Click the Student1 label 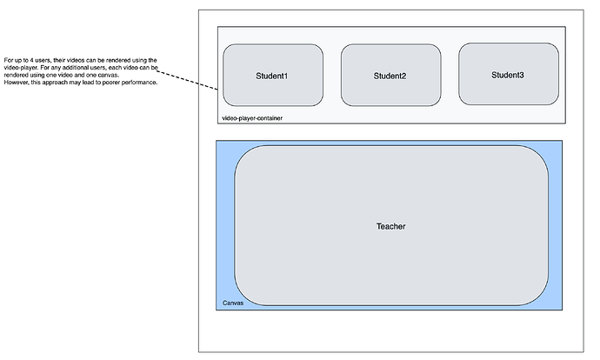[x=272, y=76]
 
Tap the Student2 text [x=390, y=76]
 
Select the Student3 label [x=508, y=75]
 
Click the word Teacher [x=390, y=226]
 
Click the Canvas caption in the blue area [x=231, y=303]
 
